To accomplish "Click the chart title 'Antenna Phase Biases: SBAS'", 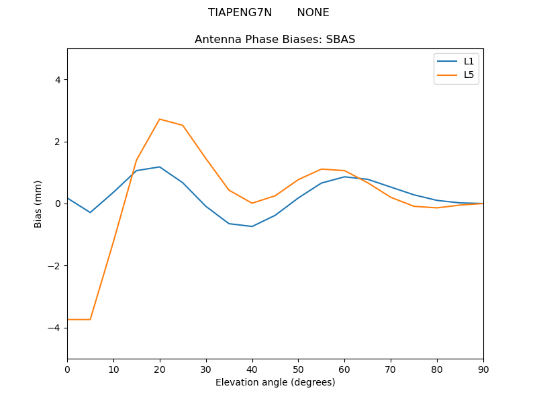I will click(275, 40).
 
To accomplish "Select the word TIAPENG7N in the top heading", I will click(240, 13).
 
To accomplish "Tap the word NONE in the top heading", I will click(313, 13).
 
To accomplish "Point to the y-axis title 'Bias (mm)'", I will click(38, 204).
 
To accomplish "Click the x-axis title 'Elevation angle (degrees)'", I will click(275, 383).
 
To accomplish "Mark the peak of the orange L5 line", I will click(160, 119).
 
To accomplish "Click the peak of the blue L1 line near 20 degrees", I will click(160, 167).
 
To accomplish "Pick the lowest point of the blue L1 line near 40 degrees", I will click(252, 226).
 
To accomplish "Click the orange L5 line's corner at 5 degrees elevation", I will click(90, 320).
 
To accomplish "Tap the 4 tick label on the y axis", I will click(58, 80).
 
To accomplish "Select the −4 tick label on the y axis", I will click(55, 328).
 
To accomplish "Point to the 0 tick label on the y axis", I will click(58, 204).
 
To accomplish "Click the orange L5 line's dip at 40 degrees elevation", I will click(252, 203).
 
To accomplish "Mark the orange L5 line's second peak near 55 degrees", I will click(322, 169).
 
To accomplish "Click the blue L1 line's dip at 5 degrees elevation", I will click(90, 212).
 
